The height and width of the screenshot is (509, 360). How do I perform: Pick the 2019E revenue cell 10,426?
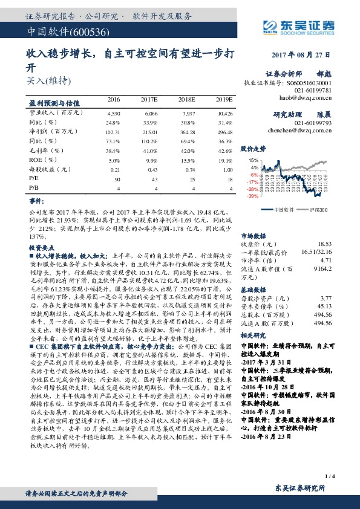pyautogui.click(x=224, y=113)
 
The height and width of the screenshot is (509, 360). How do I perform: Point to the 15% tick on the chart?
pyautogui.click(x=254, y=160)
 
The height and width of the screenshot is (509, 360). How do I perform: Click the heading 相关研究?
pyautogui.click(x=253, y=334)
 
